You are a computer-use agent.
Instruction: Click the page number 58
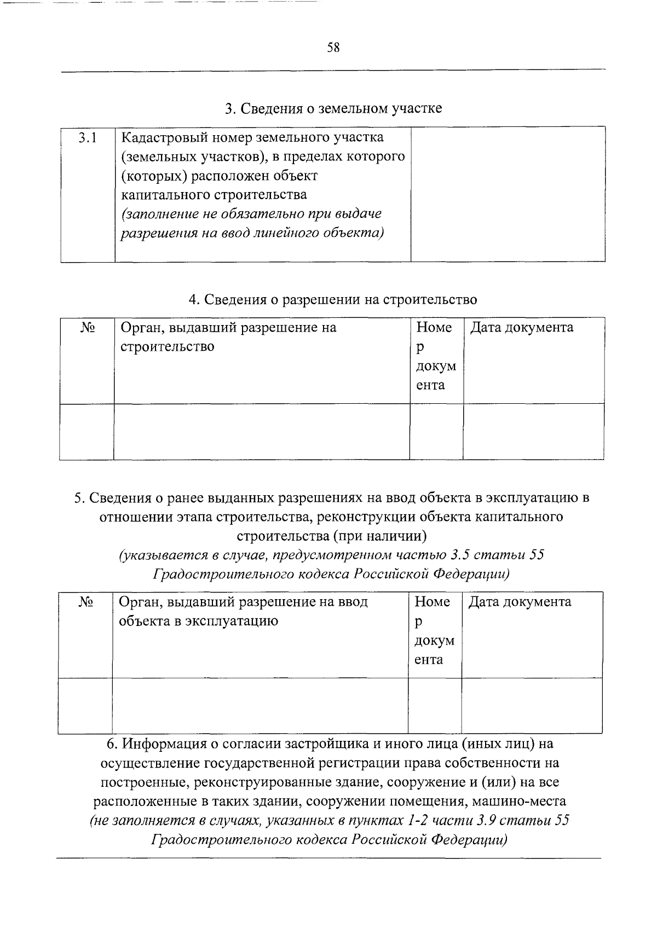[x=333, y=48]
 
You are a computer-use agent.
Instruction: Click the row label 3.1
[x=87, y=138]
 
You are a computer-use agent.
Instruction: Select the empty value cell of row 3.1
[x=508, y=194]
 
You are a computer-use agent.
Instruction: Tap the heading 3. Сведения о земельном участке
[x=333, y=108]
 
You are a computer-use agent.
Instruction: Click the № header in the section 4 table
[x=88, y=328]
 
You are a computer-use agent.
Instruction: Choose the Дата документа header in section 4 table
[x=522, y=328]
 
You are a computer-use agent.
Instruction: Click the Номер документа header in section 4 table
[x=436, y=356]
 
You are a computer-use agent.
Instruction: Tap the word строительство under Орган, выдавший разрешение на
[x=167, y=347]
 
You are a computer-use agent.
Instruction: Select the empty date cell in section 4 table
[x=533, y=432]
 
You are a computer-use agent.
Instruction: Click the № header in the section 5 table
[x=85, y=602]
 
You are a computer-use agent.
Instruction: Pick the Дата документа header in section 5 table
[x=520, y=602]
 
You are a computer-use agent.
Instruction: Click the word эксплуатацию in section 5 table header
[x=237, y=622]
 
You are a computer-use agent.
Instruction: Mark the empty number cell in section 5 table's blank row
[x=434, y=706]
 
